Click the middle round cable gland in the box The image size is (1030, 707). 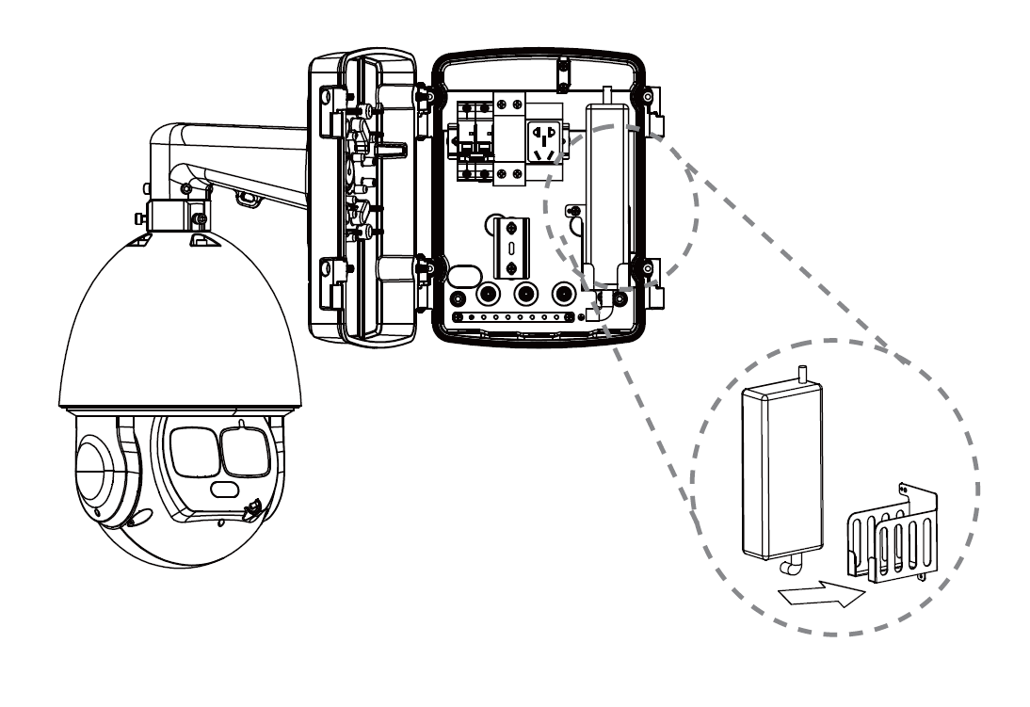[526, 293]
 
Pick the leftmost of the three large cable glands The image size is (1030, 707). [488, 293]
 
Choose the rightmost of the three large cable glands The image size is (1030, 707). [565, 293]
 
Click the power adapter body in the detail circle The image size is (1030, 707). [782, 471]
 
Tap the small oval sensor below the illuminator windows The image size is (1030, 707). [224, 490]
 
